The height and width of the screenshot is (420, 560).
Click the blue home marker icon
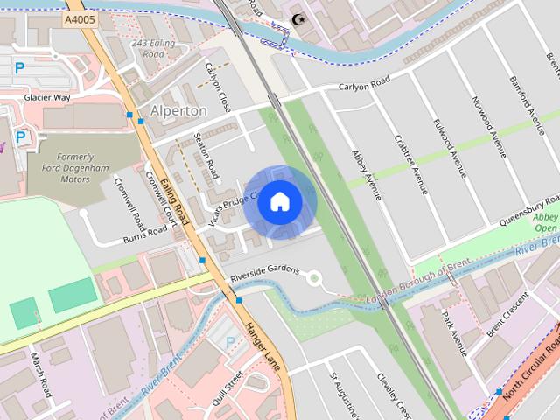click(x=279, y=201)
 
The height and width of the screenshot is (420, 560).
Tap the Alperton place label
click(x=178, y=111)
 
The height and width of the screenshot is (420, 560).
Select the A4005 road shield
click(x=80, y=17)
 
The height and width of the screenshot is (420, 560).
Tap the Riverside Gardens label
click(x=265, y=272)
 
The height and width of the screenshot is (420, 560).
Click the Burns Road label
click(x=144, y=234)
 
